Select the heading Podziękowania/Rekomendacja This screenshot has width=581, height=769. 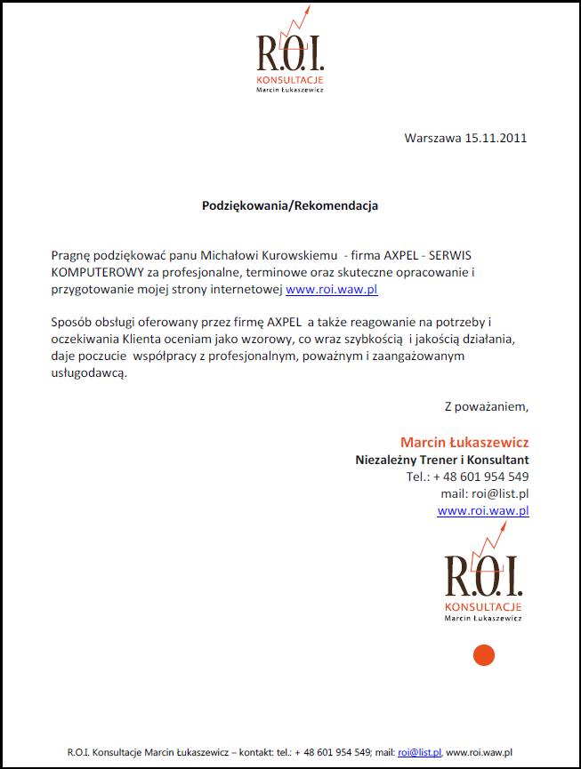pos(290,205)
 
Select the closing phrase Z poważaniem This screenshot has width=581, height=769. pos(486,407)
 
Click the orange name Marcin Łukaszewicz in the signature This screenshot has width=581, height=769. pos(464,442)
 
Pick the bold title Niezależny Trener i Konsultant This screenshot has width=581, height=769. pos(442,460)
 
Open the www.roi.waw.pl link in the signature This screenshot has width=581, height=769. pos(483,510)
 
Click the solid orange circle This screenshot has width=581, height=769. pos(483,656)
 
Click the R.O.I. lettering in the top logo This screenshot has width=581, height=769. pos(289,54)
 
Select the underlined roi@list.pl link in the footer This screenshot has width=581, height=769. pos(419,752)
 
